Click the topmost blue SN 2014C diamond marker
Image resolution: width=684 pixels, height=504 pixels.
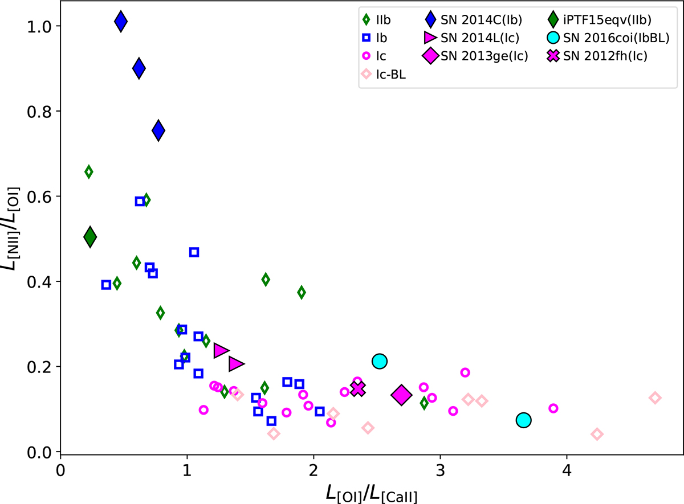(120, 22)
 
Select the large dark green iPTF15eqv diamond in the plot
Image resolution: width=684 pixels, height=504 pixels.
(89, 236)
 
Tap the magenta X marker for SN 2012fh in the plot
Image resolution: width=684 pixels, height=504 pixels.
(357, 389)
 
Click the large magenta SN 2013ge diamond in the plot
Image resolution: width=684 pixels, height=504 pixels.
(401, 394)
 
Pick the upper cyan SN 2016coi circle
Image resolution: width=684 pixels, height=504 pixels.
(380, 360)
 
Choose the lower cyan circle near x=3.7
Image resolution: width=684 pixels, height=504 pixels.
(523, 420)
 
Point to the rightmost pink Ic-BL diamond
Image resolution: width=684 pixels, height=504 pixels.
(655, 398)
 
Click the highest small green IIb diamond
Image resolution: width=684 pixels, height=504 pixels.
(88, 171)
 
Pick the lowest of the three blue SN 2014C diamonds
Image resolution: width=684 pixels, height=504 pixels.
(158, 130)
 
